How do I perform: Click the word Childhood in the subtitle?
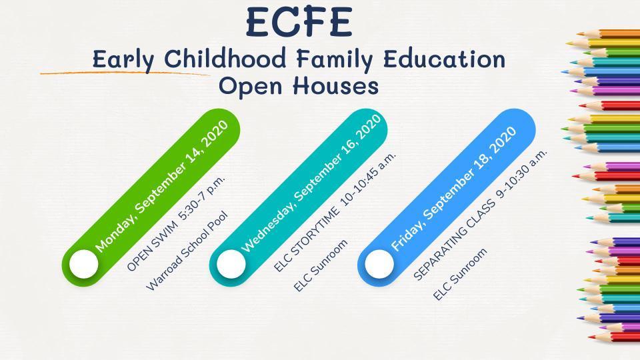(225, 59)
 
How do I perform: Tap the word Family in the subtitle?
(334, 60)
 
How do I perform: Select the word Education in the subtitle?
(444, 59)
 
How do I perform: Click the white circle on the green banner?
(84, 264)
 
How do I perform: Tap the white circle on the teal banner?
(231, 264)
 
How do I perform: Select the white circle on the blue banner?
(379, 264)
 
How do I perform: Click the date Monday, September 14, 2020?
(161, 186)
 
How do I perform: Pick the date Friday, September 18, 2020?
(454, 189)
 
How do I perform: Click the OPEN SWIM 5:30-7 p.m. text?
(176, 224)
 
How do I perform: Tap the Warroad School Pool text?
(187, 251)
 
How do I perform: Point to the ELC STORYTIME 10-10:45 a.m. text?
(335, 212)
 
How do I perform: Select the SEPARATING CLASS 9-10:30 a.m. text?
(479, 215)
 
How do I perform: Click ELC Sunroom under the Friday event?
(460, 274)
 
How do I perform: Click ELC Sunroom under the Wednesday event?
(321, 265)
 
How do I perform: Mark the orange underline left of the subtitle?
(125, 73)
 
